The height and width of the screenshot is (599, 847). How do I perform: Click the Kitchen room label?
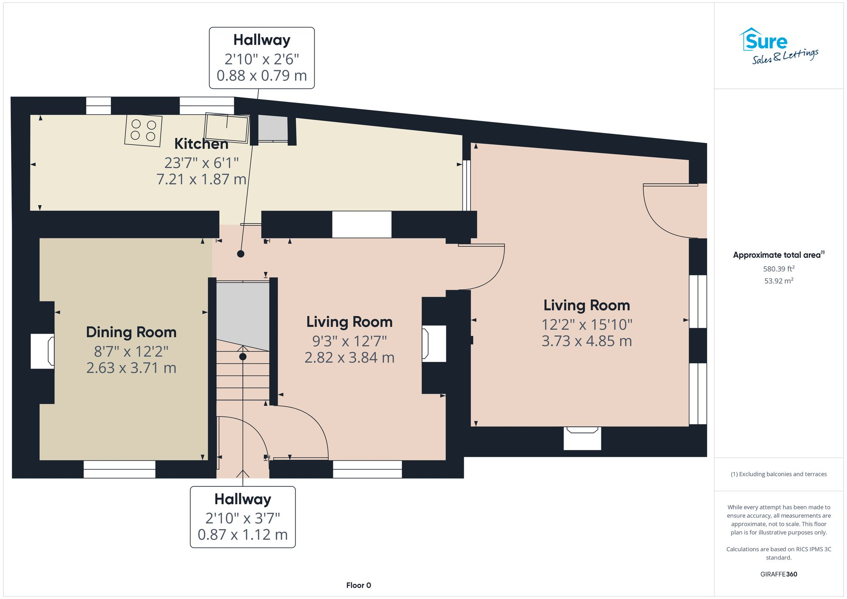tap(201, 144)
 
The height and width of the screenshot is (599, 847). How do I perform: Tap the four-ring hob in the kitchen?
tap(143, 130)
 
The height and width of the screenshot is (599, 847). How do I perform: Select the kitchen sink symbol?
tap(227, 127)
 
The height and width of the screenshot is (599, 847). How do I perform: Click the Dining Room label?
tap(131, 332)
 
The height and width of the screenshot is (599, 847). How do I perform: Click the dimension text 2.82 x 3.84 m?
tap(349, 358)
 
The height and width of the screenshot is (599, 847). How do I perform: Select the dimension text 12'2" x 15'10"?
tap(587, 325)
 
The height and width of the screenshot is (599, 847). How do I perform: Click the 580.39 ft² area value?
tap(778, 269)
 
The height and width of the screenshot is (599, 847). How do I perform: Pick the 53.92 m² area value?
tap(778, 281)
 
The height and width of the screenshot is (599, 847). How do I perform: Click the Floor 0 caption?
tap(358, 585)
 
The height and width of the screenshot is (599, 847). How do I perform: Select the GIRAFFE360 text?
tap(778, 574)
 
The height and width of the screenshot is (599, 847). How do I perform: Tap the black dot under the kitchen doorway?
tap(241, 254)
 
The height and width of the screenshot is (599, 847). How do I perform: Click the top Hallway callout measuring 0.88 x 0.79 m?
tap(262, 58)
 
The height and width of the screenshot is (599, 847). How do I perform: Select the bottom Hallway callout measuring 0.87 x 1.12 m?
tap(243, 517)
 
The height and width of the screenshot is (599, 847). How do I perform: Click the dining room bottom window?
tap(119, 469)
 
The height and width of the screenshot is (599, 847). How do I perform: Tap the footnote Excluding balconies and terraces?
tap(778, 474)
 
